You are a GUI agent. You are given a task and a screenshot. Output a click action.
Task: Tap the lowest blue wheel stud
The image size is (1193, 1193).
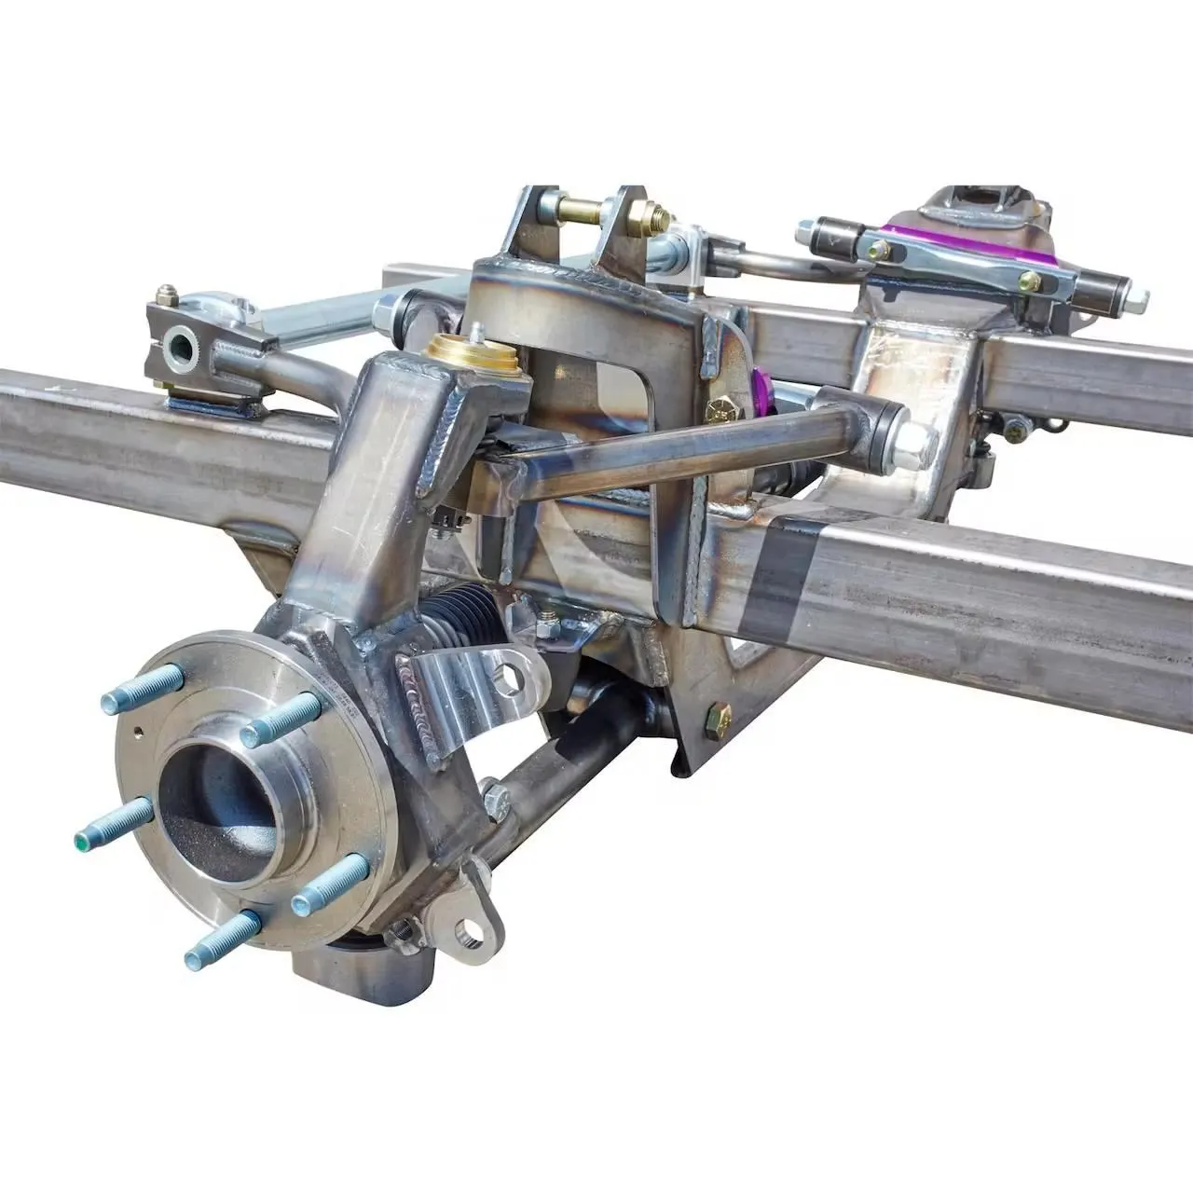click(x=222, y=939)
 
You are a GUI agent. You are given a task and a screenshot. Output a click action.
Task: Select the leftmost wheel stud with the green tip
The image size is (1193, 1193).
click(x=112, y=823)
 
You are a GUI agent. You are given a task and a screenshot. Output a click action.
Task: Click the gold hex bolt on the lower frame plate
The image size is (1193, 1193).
click(x=719, y=717)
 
